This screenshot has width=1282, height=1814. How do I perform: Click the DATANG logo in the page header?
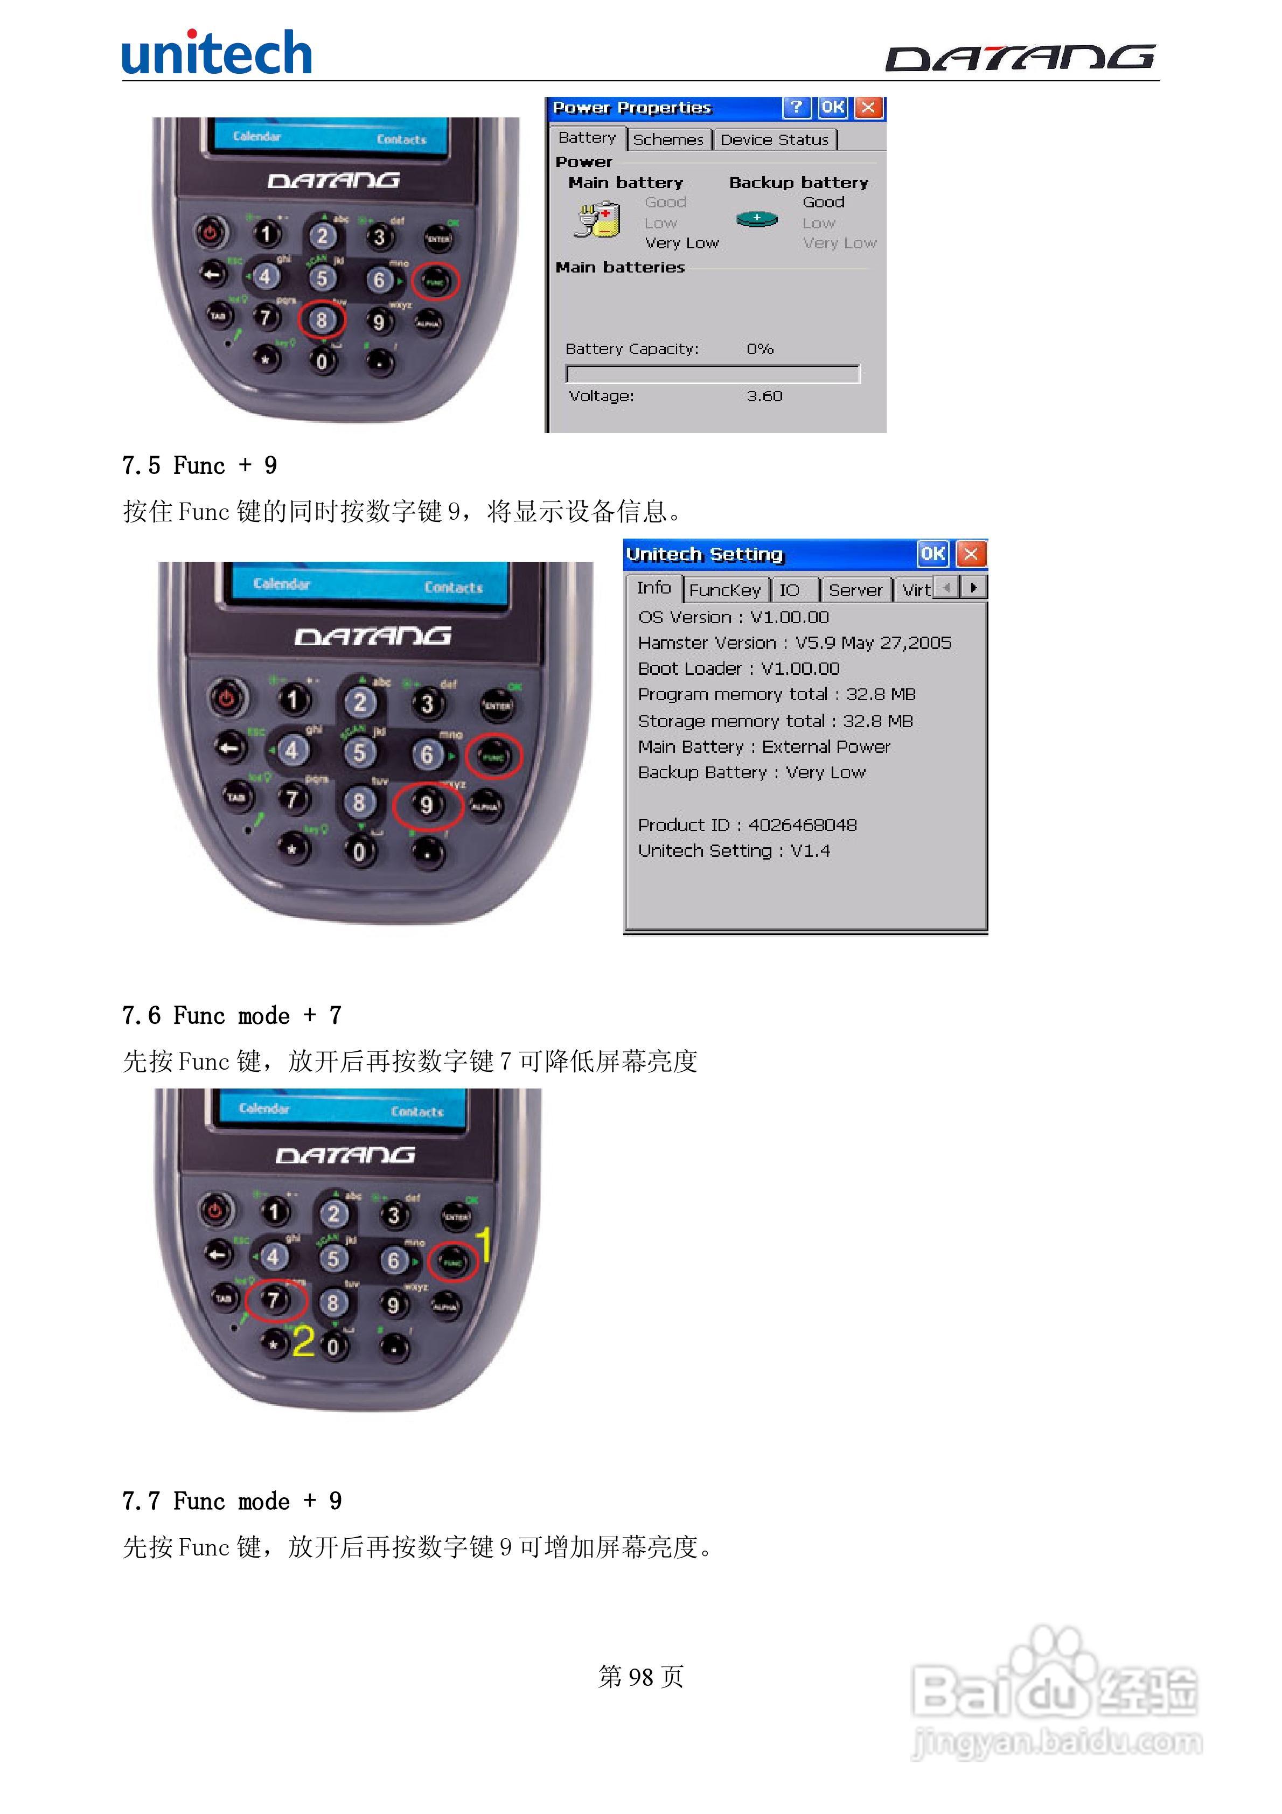[1020, 58]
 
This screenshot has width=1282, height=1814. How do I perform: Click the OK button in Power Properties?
[832, 107]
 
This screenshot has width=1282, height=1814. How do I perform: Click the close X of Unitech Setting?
[971, 554]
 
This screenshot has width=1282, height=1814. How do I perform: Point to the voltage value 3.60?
[764, 396]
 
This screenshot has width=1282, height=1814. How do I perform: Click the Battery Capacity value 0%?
[760, 348]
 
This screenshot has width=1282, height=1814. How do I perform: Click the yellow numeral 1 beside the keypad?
[484, 1245]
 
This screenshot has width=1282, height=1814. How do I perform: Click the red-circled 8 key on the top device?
[322, 320]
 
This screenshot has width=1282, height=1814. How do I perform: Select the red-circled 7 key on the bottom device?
[274, 1300]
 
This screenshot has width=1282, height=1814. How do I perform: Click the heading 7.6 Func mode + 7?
[232, 1015]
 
